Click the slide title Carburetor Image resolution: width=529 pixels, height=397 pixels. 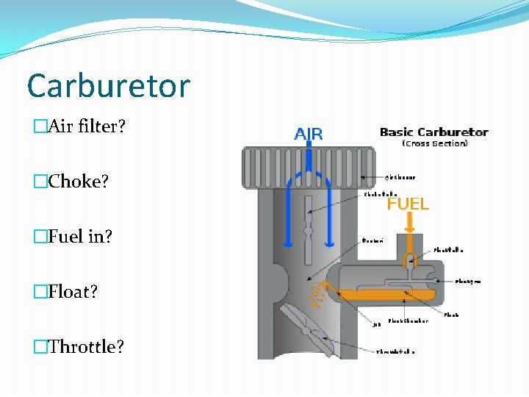[x=108, y=86]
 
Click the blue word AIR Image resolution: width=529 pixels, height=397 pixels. [x=309, y=135]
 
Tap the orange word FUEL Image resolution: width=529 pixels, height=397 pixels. [x=408, y=204]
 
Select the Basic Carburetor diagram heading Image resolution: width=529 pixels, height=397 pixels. [x=433, y=132]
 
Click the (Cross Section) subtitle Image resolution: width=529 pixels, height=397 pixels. [x=434, y=143]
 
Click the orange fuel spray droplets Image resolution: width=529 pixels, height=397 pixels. [x=317, y=294]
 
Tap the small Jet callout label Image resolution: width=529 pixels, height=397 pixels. [x=375, y=323]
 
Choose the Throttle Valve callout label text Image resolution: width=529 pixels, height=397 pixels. [x=395, y=351]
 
